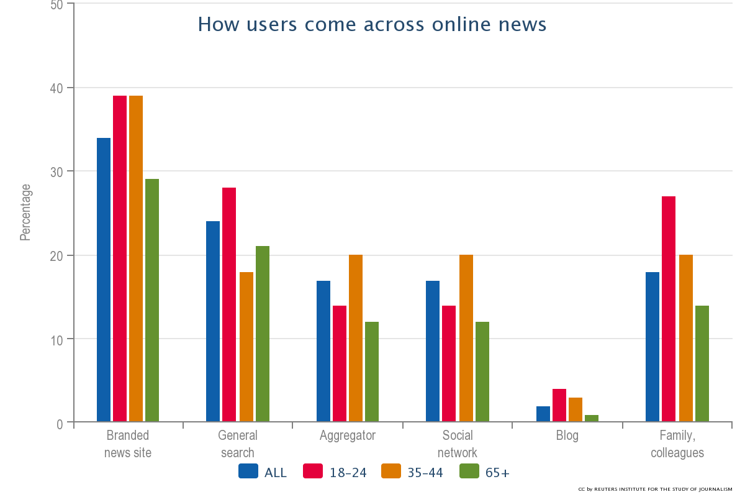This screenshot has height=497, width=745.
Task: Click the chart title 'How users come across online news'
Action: [x=372, y=24]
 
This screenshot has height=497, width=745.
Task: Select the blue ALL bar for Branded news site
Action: [x=104, y=280]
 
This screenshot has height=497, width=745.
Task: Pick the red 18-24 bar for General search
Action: [x=229, y=304]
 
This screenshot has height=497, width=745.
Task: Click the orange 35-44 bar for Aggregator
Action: [x=356, y=338]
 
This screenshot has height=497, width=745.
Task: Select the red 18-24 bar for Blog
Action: [x=559, y=405]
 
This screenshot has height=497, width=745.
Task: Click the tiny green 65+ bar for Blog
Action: [x=592, y=418]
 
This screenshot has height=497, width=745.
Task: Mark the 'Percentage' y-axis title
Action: [x=25, y=212]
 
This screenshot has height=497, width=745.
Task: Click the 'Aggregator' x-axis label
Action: [x=348, y=435]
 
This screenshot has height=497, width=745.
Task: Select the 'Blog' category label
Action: [x=567, y=435]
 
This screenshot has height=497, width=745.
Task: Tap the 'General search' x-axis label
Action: [x=238, y=444]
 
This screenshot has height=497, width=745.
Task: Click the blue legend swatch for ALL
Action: [x=248, y=472]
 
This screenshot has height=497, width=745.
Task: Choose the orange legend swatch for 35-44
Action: [x=391, y=472]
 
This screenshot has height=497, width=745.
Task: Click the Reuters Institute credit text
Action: [x=656, y=490]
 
